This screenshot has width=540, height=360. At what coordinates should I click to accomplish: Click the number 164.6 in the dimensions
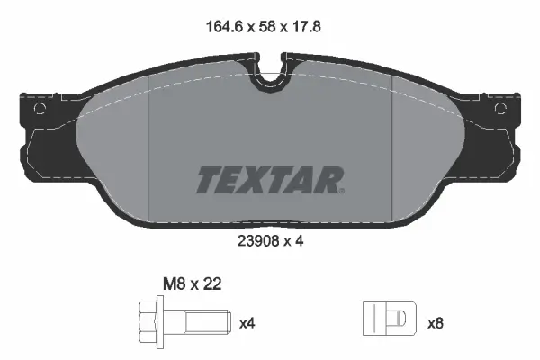(x=225, y=26)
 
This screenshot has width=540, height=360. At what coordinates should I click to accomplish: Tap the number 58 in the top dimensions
(x=267, y=26)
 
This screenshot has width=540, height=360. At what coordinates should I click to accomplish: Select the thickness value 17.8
(x=306, y=26)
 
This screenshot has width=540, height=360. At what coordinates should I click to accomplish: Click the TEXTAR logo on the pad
(x=270, y=180)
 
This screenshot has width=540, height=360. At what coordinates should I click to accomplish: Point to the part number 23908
(x=258, y=241)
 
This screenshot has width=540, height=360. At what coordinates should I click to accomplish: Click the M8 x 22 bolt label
(x=193, y=284)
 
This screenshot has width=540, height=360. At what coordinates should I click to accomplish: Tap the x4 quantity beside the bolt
(x=247, y=323)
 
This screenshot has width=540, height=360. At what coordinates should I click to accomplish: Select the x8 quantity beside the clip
(x=436, y=323)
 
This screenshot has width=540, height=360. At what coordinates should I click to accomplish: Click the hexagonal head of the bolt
(x=148, y=322)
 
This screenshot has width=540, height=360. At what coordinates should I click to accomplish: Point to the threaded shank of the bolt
(x=209, y=322)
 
